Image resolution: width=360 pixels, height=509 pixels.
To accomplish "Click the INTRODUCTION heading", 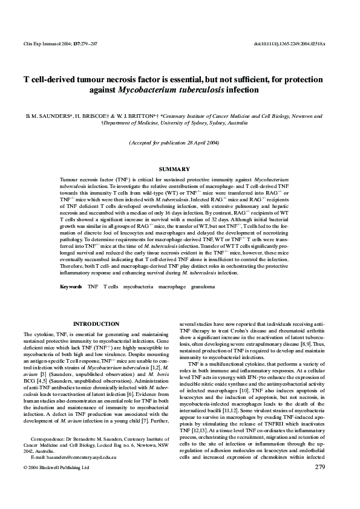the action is click(x=96, y=324).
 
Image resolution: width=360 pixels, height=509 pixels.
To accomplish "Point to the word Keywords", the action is click(x=71, y=286).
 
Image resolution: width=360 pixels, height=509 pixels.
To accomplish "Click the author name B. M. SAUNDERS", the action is click(x=47, y=115).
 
